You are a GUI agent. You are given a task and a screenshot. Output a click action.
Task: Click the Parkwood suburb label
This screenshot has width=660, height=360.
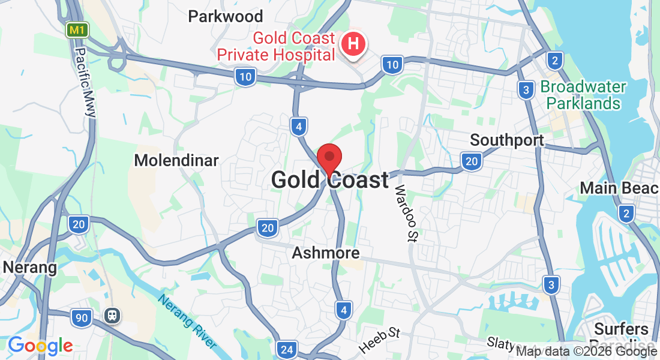[x=226, y=16]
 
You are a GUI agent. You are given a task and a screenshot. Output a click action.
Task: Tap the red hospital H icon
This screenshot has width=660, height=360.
[x=354, y=44]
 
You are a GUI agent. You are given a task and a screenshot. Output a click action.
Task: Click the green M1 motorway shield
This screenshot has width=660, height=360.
[x=76, y=29]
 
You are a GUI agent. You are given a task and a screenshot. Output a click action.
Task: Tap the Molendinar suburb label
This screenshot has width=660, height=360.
[x=176, y=160]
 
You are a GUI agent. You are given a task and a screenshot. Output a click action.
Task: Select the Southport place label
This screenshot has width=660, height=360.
[x=507, y=140]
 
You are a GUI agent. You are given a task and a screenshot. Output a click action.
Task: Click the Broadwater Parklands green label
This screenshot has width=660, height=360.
[x=583, y=95]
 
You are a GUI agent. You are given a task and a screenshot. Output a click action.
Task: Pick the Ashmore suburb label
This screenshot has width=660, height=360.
[x=326, y=253]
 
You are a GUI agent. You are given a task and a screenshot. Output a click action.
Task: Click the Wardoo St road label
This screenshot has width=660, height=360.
[x=405, y=212]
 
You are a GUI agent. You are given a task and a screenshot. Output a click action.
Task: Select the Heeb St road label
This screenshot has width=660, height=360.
[x=380, y=340]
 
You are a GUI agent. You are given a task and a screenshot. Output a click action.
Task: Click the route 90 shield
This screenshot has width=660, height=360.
[x=80, y=317]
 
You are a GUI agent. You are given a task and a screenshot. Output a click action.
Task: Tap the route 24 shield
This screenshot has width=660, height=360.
[x=287, y=349]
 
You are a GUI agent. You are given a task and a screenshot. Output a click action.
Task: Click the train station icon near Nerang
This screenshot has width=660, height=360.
[x=112, y=316]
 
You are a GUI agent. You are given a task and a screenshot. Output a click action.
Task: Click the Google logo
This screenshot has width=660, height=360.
[x=40, y=346]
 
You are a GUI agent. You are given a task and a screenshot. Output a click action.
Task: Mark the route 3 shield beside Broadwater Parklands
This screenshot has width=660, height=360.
[x=526, y=91]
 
